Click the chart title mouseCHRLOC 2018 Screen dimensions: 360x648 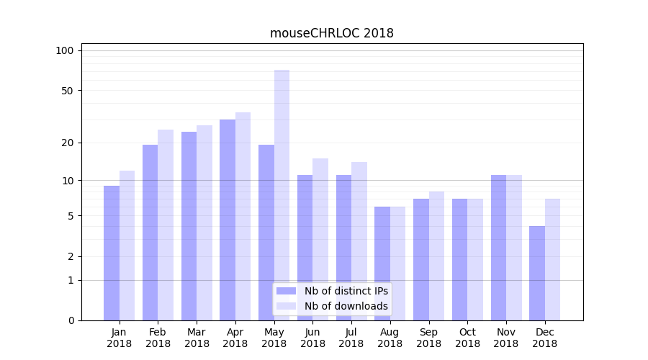click(331, 33)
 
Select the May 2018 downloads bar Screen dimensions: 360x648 click(282, 194)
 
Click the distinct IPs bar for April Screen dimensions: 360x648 click(228, 220)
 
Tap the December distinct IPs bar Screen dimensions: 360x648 click(537, 273)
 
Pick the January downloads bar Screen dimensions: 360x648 click(127, 245)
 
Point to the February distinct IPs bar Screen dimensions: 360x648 click(150, 232)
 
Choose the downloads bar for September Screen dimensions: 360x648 click(436, 256)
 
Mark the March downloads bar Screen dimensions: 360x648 click(204, 222)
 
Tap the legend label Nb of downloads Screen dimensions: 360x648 click(346, 306)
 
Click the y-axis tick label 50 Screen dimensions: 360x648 click(67, 91)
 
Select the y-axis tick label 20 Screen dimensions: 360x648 click(67, 143)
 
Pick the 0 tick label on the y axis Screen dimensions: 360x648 click(71, 320)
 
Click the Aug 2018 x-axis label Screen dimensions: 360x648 click(390, 338)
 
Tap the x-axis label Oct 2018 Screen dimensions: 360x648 click(467, 338)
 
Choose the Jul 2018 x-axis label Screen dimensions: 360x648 click(351, 338)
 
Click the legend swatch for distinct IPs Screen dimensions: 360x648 click(287, 291)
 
